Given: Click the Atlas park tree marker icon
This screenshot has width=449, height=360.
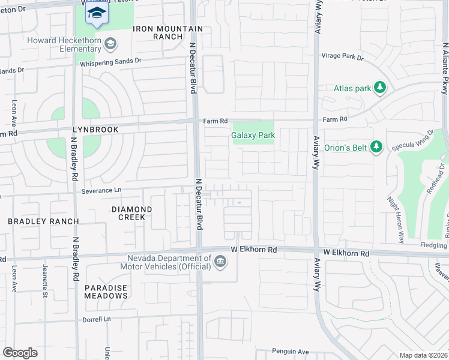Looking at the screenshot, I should click(x=379, y=88).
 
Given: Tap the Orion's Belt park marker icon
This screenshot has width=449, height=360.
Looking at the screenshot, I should click(x=376, y=147).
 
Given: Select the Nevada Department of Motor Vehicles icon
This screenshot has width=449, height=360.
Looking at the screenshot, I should click(x=220, y=261).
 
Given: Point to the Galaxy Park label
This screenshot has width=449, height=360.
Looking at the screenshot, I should click(x=253, y=136).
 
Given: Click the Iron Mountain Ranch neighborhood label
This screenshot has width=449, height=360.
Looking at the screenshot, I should click(x=160, y=32).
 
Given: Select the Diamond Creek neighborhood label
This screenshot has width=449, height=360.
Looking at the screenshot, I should click(x=131, y=213).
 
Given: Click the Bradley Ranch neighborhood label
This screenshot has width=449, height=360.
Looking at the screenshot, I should click(x=43, y=221).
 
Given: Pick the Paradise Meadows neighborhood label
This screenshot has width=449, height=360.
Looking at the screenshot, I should click(x=106, y=292).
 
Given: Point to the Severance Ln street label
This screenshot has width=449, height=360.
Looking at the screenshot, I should click(x=100, y=191).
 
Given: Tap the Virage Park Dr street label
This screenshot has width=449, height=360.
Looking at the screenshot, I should click(x=343, y=57).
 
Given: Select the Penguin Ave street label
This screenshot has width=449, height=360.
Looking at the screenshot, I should click(x=290, y=352).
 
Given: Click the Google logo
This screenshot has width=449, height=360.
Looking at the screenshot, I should click(x=20, y=353).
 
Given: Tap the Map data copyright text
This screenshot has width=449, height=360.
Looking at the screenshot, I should click(x=424, y=355).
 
